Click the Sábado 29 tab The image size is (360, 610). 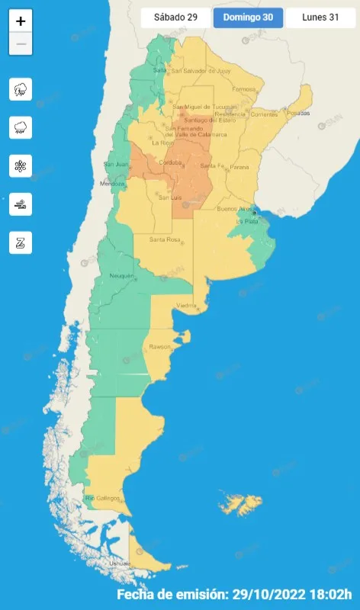pos(175,18)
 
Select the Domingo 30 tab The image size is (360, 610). pos(248,18)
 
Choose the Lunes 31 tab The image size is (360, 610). pos(320,18)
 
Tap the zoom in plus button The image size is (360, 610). pos(21,21)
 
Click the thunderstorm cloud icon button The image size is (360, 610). pos(21,89)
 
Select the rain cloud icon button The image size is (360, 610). pos(21,127)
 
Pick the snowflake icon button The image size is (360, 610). pos(21,165)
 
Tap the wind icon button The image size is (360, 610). pos(21,204)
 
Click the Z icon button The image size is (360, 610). pos(21,242)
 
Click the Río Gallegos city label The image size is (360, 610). pos(103,498)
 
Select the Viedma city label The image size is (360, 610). pos(187,306)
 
